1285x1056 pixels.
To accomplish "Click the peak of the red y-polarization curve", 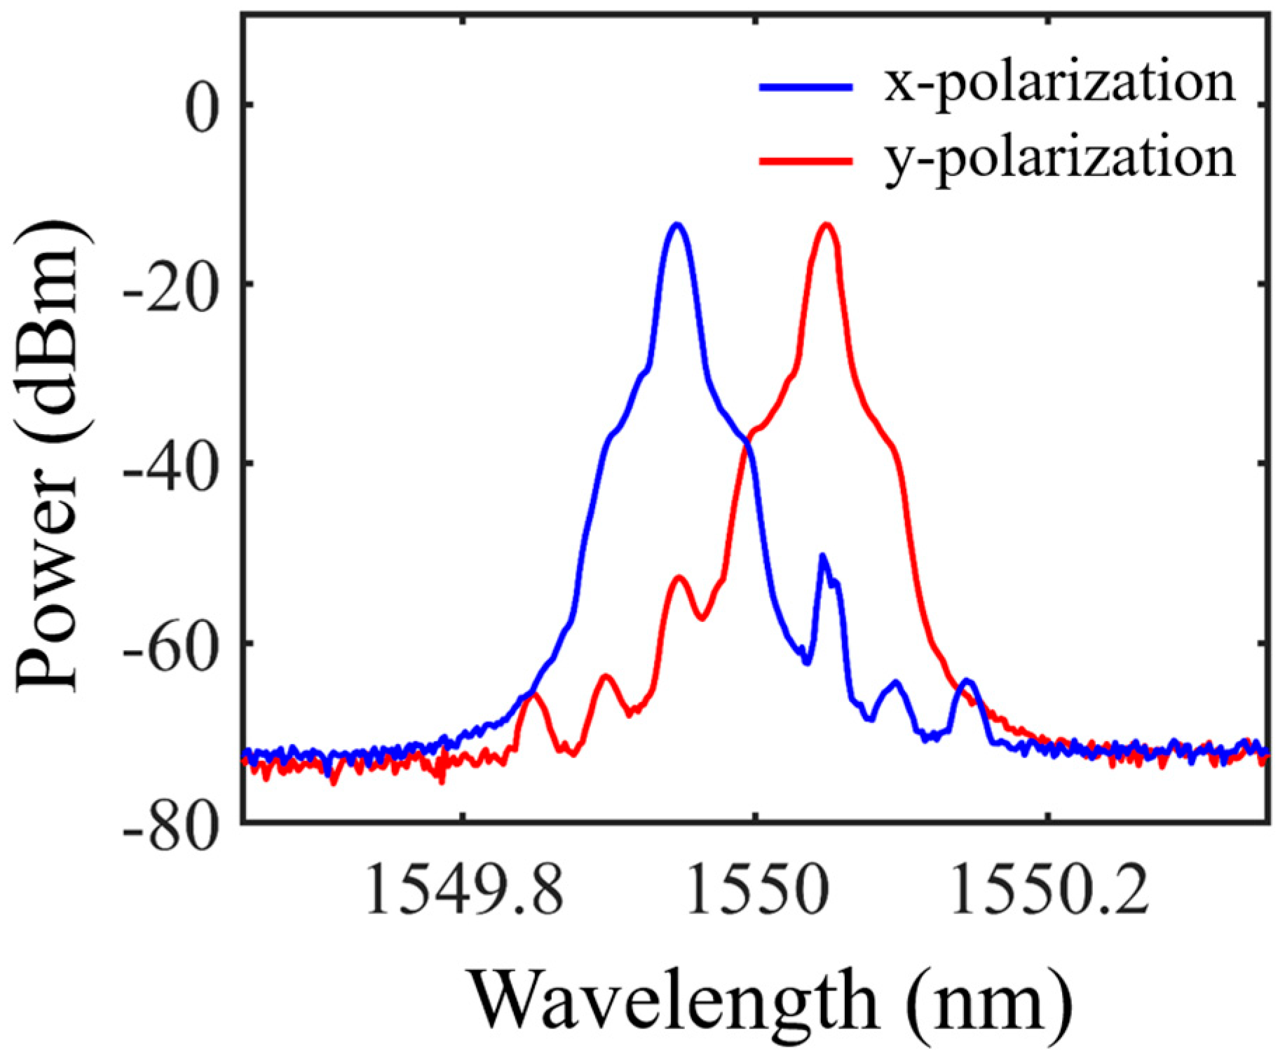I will pos(827,225).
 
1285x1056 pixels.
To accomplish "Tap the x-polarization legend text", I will pos(1059,86).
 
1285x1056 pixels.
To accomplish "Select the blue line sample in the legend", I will pos(806,87).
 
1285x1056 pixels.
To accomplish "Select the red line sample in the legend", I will pos(806,161).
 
